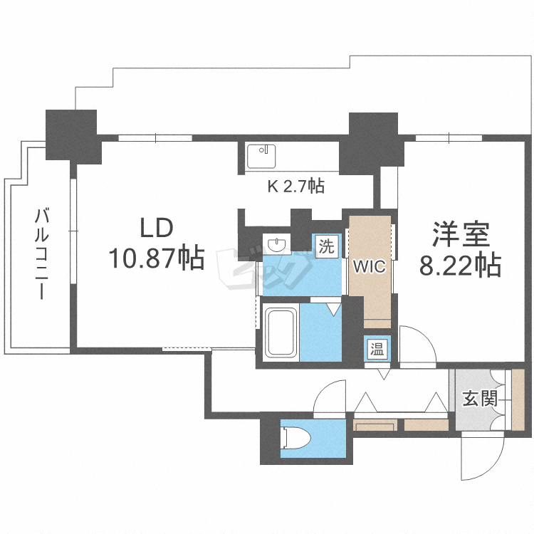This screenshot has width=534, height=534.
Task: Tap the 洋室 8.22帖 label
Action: (x=459, y=249)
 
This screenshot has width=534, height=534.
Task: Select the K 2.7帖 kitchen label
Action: (x=295, y=187)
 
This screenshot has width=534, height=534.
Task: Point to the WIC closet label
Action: (x=370, y=267)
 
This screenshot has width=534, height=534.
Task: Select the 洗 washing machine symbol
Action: (x=325, y=246)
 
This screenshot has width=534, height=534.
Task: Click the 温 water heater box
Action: (x=375, y=348)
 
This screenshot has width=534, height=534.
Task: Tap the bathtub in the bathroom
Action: (x=281, y=332)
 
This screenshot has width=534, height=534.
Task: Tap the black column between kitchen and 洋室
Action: (x=372, y=142)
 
